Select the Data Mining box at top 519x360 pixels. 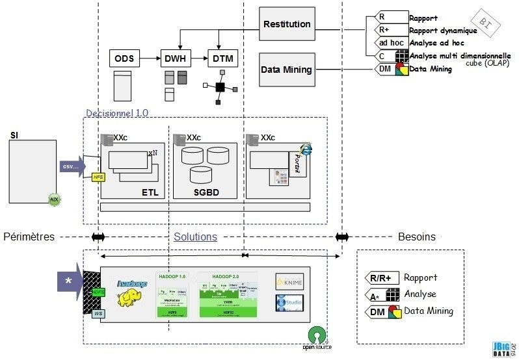pos(287,70)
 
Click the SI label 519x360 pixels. pos(14,135)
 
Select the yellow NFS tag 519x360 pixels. pos(98,176)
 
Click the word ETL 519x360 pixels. pos(150,192)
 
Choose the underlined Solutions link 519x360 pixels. pos(195,237)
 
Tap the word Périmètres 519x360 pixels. pos(29,237)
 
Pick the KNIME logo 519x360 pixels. pos(289,281)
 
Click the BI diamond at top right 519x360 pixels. pos(485,22)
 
